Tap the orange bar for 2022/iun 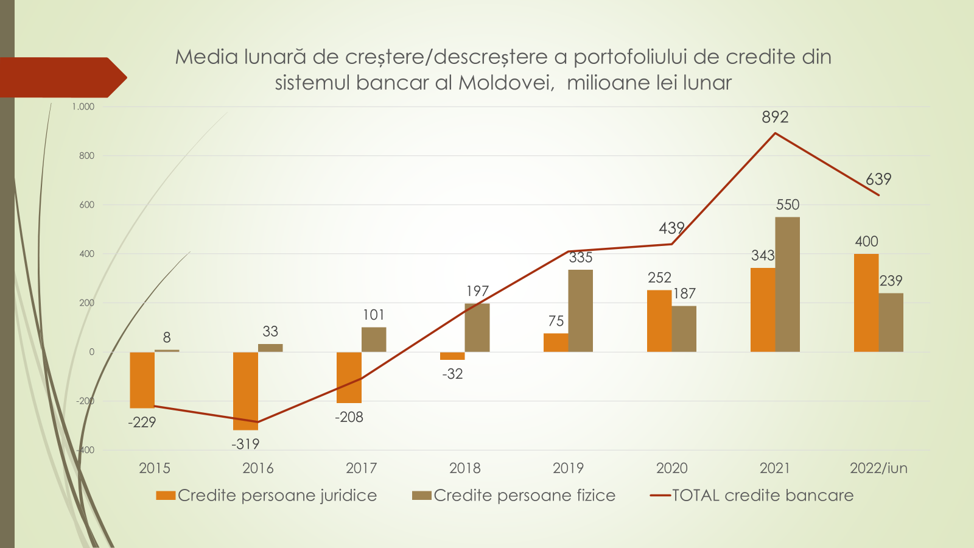[x=866, y=303]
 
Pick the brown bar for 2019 [x=580, y=311]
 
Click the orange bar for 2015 [x=142, y=380]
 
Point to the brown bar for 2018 [x=477, y=328]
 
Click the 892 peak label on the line [x=775, y=117]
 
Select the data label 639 [x=878, y=179]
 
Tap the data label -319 [x=245, y=444]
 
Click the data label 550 [x=788, y=205]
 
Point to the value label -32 [x=452, y=374]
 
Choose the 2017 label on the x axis [x=361, y=468]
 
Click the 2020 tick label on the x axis [x=671, y=468]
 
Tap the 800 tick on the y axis [x=86, y=156]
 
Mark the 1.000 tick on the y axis [x=83, y=107]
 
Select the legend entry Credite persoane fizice [x=514, y=496]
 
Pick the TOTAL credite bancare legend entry [x=752, y=496]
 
